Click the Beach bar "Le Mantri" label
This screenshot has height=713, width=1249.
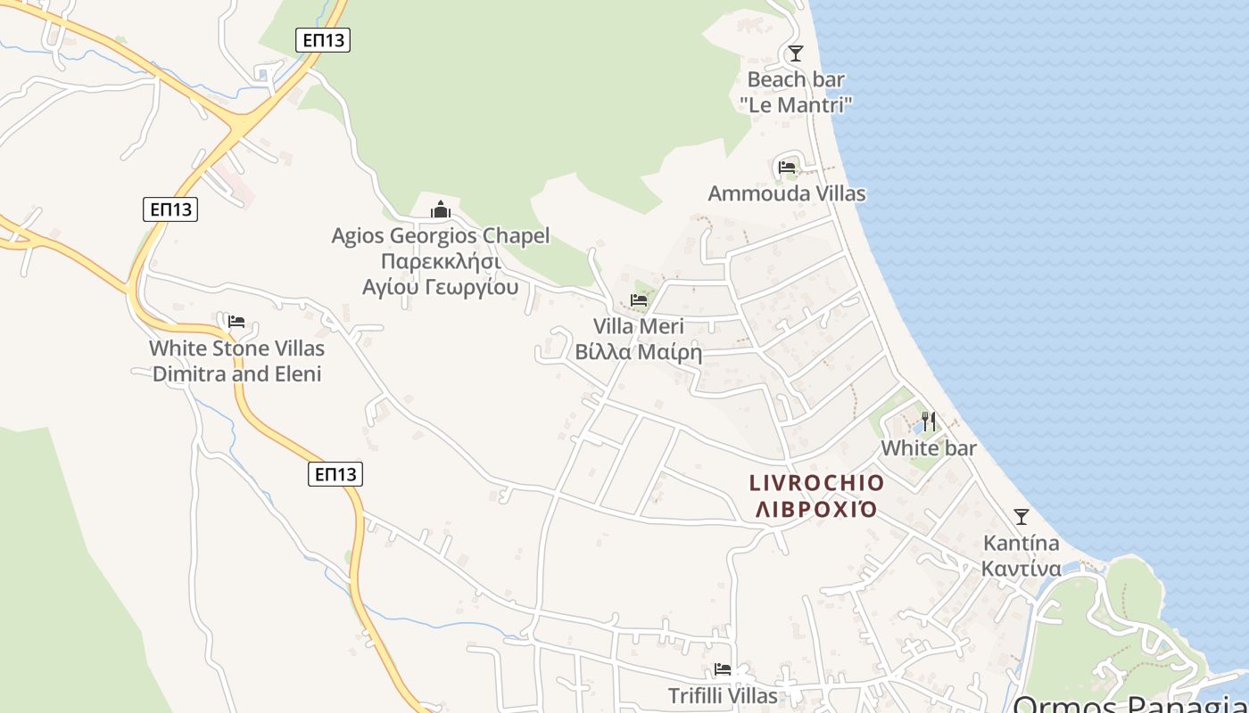[x=795, y=92]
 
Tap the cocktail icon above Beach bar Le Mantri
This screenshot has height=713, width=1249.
[x=796, y=53]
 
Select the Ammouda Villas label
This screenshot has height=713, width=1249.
[x=786, y=193]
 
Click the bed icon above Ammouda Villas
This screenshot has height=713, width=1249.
[x=786, y=167]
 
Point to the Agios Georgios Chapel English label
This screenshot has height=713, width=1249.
[x=441, y=236]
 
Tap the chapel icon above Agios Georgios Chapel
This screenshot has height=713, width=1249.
[x=441, y=210]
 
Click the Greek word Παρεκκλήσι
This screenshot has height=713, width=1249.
[x=441, y=262]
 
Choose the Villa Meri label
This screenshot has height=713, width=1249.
[x=639, y=326]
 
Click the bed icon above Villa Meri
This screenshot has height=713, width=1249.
[x=639, y=300]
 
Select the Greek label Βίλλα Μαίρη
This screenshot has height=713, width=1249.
[x=639, y=352]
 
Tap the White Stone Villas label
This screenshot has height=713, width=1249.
[x=236, y=348]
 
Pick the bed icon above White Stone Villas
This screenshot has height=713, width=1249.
[x=236, y=322]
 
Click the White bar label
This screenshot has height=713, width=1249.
[x=929, y=447]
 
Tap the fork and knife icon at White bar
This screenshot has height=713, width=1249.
[x=929, y=422]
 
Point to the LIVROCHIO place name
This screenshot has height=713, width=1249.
[x=816, y=483]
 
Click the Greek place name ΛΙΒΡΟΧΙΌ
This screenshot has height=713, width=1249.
[x=816, y=510]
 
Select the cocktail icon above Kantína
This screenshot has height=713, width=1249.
[x=1022, y=517]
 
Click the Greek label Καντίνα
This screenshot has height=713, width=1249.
[x=1022, y=569]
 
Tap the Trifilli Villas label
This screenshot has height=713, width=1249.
[x=723, y=695]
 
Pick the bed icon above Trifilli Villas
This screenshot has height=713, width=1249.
[x=723, y=669]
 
